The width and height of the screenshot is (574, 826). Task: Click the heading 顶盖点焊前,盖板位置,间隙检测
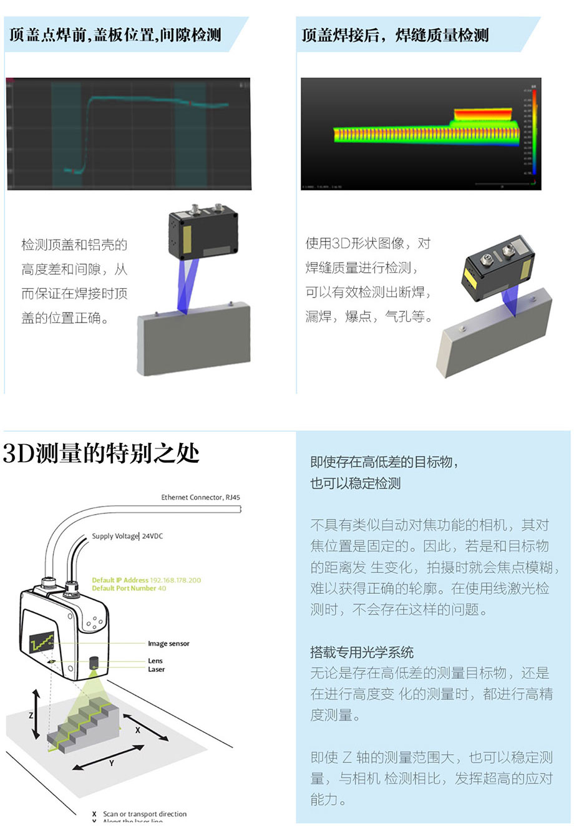(115, 35)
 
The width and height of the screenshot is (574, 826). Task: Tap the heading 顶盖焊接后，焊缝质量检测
(395, 35)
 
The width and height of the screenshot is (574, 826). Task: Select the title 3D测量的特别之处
(101, 454)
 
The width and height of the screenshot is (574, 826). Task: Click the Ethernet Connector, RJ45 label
(200, 497)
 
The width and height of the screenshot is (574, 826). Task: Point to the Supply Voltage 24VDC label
(127, 536)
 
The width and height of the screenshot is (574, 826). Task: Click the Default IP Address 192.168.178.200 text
(147, 580)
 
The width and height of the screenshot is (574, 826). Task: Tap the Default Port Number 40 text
(129, 588)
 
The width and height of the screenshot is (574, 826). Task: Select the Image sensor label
(168, 643)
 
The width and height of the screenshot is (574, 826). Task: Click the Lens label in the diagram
(155, 661)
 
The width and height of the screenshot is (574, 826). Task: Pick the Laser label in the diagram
(157, 669)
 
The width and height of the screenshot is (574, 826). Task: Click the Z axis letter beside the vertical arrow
(31, 716)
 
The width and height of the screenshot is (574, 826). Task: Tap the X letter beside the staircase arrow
(138, 730)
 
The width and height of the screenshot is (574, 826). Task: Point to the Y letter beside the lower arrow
(112, 763)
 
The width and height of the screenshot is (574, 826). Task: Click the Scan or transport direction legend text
(144, 814)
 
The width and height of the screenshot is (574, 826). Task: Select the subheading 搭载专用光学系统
(362, 652)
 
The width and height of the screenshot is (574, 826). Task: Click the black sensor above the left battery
(203, 234)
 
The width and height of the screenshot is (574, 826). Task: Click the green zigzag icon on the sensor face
(42, 641)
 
